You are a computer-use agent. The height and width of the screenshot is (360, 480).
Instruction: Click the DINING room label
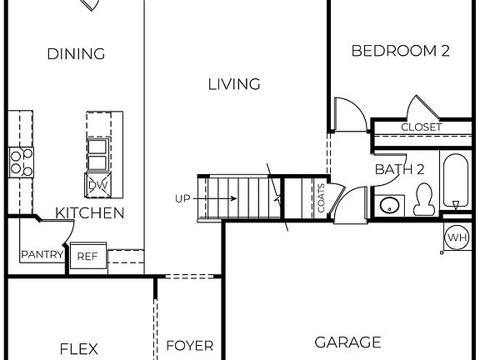click(x=76, y=54)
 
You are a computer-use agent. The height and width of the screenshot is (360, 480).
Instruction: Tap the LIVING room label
click(x=233, y=83)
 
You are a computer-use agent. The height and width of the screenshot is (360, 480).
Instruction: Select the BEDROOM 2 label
click(x=400, y=51)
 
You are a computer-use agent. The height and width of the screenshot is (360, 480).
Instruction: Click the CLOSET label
click(x=422, y=127)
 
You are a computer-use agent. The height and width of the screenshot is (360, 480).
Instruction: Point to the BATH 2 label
click(x=400, y=169)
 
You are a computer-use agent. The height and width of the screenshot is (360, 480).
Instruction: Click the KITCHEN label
click(x=90, y=213)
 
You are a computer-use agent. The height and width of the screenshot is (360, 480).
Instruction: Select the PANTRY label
click(x=42, y=255)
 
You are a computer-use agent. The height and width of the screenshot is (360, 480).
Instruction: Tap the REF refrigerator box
click(x=87, y=257)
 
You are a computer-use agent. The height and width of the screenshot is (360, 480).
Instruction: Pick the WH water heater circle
click(x=457, y=237)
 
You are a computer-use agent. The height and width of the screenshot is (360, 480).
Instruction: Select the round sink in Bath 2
click(x=388, y=205)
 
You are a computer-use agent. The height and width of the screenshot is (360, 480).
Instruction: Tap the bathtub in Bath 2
click(x=455, y=182)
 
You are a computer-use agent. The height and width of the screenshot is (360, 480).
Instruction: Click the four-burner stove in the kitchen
click(x=21, y=162)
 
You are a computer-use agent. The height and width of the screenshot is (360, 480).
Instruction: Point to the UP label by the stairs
click(x=183, y=198)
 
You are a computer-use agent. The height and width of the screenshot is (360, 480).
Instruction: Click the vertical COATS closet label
click(x=321, y=198)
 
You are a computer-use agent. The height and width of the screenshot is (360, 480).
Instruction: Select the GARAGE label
click(x=347, y=342)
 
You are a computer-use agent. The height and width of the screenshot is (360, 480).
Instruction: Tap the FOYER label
click(x=189, y=346)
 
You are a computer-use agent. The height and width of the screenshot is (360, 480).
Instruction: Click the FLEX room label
click(x=79, y=348)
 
